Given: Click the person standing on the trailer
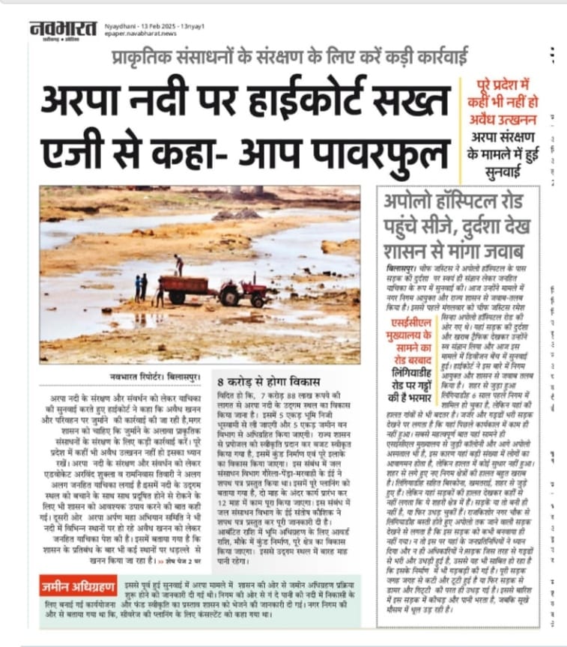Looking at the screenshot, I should (178, 265).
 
